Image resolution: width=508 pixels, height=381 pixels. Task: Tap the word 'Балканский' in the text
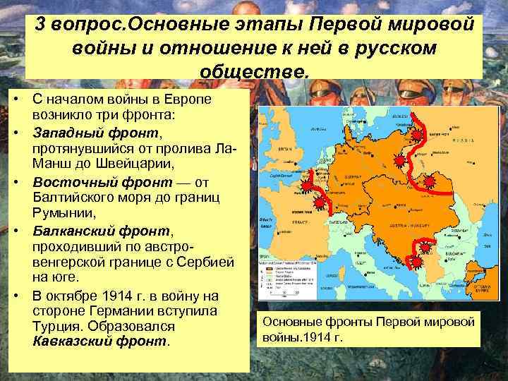coord(70,230)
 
